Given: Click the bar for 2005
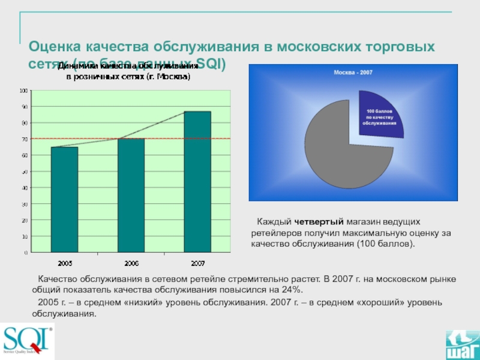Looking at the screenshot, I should pyautogui.click(x=64, y=199).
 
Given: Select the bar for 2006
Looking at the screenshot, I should pyautogui.click(x=131, y=195).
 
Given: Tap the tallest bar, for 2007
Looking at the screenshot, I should pyautogui.click(x=197, y=181).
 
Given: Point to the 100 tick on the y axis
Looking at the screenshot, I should pyautogui.click(x=24, y=91).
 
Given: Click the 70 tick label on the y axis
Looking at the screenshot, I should pyautogui.click(x=24, y=139).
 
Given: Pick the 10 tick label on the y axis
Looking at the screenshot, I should pyautogui.click(x=24, y=236).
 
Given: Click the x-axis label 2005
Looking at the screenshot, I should pyautogui.click(x=64, y=263).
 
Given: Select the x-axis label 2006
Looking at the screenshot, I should pyautogui.click(x=131, y=263).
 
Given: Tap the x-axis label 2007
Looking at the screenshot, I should pyautogui.click(x=197, y=263).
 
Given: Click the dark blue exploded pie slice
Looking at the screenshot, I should pyautogui.click(x=380, y=113).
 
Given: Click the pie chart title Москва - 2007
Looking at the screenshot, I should pyautogui.click(x=353, y=73).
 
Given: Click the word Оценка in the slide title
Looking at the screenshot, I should pyautogui.click(x=55, y=46).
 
